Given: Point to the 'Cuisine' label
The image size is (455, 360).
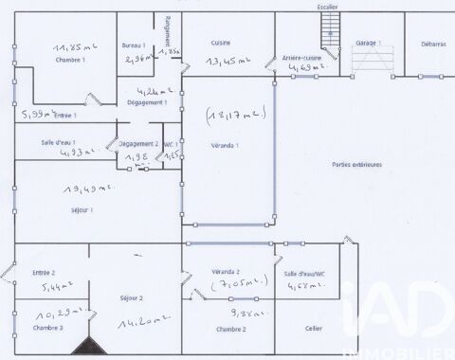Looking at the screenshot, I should click(x=221, y=44).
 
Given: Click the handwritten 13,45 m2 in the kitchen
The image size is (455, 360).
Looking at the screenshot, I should click(x=227, y=62).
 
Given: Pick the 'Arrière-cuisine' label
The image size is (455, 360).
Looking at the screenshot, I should click(x=302, y=58).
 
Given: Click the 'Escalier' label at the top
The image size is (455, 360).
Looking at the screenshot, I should click(x=327, y=7).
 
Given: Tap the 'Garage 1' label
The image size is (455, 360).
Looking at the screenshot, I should click(x=368, y=44).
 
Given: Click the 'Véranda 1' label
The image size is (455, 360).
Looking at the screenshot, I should click(x=225, y=145).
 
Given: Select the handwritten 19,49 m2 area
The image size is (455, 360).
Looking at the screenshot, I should click(x=82, y=188).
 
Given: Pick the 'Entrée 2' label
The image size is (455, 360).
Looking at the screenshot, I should click(x=45, y=272).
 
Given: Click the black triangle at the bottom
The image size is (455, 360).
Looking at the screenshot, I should click(x=86, y=348).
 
